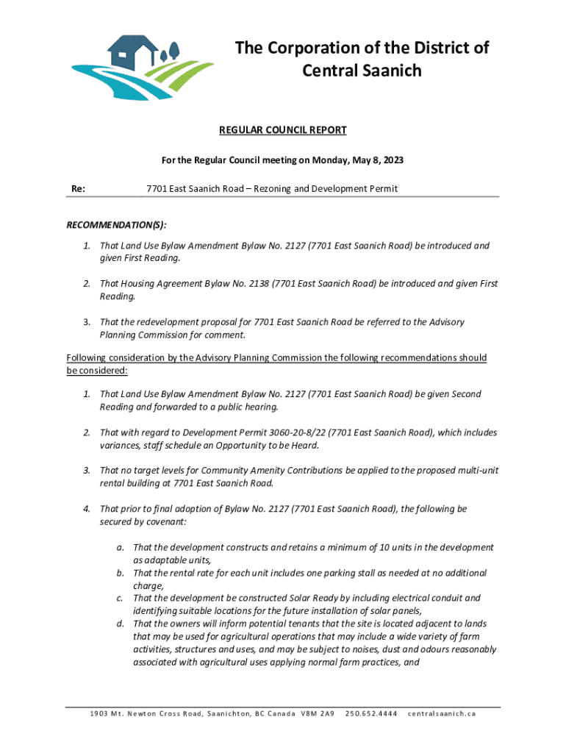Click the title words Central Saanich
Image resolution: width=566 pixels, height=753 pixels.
(x=362, y=71)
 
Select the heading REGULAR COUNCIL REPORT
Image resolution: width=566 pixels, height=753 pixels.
(x=283, y=130)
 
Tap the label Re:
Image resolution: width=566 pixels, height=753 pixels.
(x=78, y=189)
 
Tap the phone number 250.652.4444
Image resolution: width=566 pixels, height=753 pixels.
(x=372, y=714)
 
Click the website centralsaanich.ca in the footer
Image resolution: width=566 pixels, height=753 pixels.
(x=442, y=714)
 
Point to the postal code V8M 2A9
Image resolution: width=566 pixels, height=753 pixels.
(x=318, y=714)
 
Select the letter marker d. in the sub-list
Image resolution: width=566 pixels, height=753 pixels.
(x=119, y=624)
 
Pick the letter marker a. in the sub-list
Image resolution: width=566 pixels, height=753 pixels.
(x=119, y=548)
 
